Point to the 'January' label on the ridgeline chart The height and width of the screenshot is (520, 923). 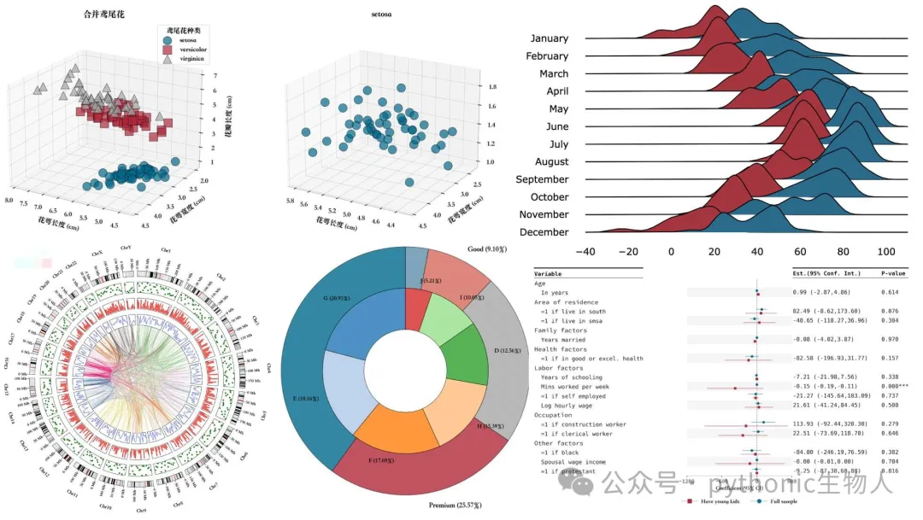click(549, 38)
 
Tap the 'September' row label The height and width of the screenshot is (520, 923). click(542, 179)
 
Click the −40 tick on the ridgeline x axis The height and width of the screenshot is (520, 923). click(585, 252)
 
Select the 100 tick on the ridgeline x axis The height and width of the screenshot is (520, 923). click(886, 252)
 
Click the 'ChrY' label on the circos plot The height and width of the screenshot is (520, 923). click(126, 248)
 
